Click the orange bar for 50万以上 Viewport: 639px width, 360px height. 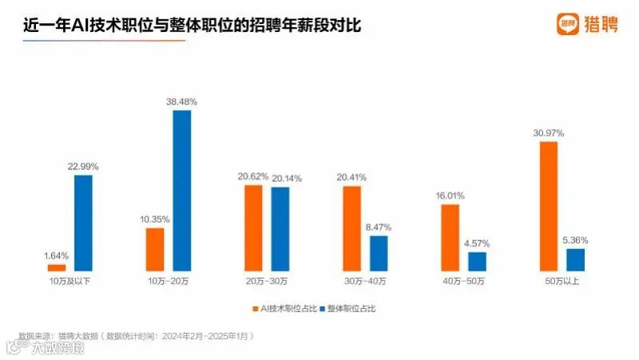point(549,207)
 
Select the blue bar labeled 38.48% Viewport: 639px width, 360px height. point(182,191)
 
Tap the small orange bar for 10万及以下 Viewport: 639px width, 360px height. point(57,267)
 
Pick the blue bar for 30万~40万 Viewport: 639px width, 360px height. point(379,253)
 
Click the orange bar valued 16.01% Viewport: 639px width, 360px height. point(450,238)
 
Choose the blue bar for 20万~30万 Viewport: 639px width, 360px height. point(280,228)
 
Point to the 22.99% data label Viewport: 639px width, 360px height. point(83,165)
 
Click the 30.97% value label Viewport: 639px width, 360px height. point(549,132)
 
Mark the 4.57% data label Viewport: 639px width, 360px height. point(477,243)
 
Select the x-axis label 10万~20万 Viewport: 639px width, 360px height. point(168,282)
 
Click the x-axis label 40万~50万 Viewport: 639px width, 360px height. point(463,282)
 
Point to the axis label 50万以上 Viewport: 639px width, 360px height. point(562,282)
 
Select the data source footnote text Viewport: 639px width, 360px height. point(136,336)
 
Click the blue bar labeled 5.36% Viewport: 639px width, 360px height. point(575,259)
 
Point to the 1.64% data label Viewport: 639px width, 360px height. point(57,255)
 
